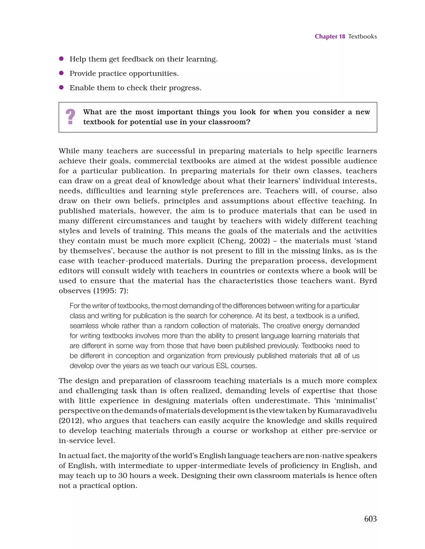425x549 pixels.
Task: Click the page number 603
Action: [x=370, y=518]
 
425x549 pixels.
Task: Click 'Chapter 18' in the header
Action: [x=330, y=37]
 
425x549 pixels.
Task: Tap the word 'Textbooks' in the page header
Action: [x=362, y=37]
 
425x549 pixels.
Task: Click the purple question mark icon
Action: [x=70, y=117]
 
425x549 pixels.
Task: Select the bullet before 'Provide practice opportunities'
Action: [x=61, y=73]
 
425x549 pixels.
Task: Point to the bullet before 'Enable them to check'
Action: [x=61, y=88]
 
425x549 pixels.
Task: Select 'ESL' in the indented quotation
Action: [x=222, y=366]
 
